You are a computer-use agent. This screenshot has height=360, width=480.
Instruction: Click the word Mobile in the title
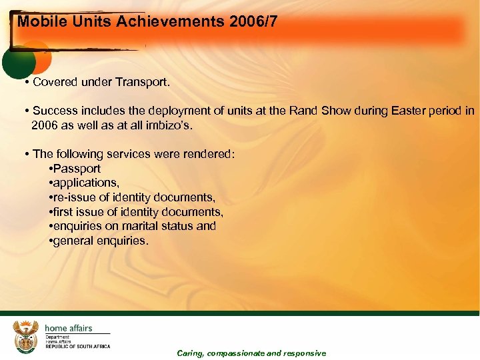(x=37, y=21)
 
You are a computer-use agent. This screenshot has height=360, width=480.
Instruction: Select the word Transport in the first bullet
(x=143, y=83)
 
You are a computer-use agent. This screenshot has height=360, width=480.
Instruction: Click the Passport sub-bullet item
(x=77, y=169)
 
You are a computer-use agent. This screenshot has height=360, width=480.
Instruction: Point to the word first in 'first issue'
(x=64, y=212)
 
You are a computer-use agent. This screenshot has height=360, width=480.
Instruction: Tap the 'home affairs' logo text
(x=68, y=328)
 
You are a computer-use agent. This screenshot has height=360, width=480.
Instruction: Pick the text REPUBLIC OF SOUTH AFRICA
(x=77, y=346)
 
